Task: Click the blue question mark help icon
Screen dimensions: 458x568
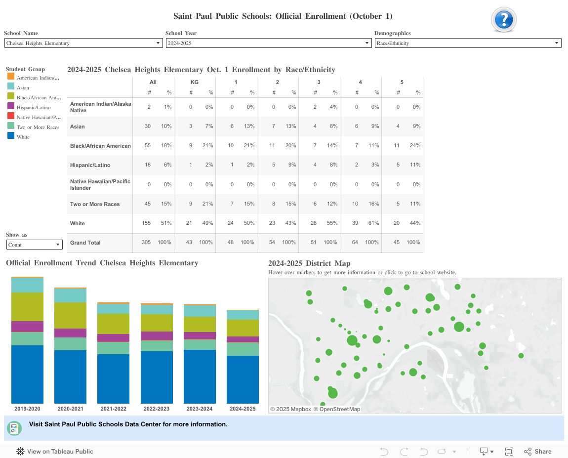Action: point(503,20)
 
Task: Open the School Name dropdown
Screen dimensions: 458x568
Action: point(83,43)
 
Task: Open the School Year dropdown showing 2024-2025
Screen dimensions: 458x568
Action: point(268,43)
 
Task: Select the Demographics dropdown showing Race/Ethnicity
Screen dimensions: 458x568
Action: point(467,43)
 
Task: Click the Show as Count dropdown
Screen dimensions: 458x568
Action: point(34,245)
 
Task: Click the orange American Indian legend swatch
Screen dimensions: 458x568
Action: point(11,77)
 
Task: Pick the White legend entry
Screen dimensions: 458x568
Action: point(23,137)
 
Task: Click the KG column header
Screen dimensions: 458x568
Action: point(195,82)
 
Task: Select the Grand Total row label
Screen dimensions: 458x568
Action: point(85,243)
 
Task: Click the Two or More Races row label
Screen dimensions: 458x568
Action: point(95,204)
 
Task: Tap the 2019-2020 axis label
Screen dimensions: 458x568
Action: point(27,409)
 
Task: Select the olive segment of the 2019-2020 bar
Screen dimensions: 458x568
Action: point(27,306)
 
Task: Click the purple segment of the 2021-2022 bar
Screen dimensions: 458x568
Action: point(113,338)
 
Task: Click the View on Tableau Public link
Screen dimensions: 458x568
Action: point(60,451)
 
